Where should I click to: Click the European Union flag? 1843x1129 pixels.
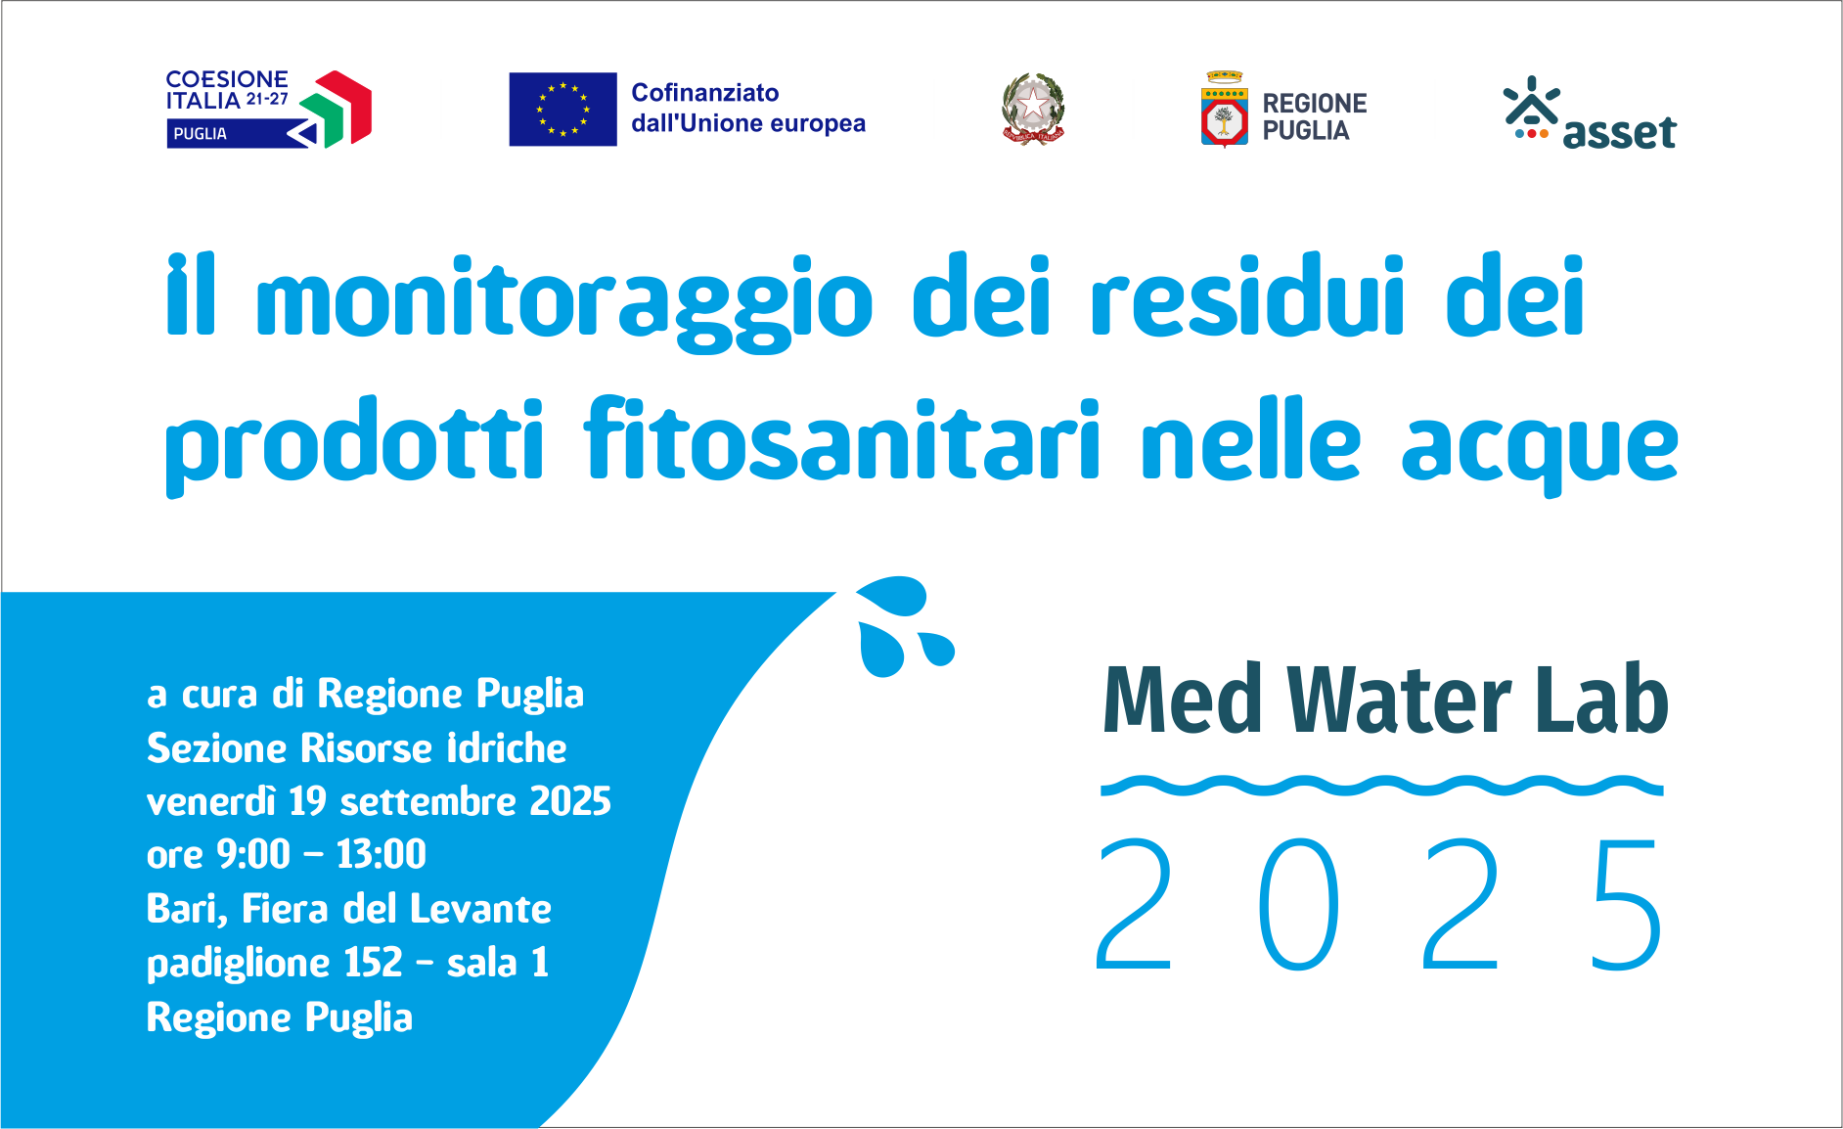click(x=562, y=110)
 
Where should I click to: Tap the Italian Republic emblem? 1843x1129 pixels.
click(x=1033, y=109)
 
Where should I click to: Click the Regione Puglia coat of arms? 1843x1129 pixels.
click(x=1224, y=109)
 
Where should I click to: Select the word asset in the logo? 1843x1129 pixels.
click(x=1619, y=132)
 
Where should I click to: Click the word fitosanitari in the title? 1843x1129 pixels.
click(x=841, y=441)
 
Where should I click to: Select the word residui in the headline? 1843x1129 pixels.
click(x=1247, y=295)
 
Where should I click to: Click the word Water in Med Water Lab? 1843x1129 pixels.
click(x=1399, y=700)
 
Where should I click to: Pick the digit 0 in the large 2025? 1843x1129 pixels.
click(x=1298, y=903)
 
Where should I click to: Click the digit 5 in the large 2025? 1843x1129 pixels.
click(x=1627, y=903)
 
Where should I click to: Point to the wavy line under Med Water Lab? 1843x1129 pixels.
click(x=1381, y=786)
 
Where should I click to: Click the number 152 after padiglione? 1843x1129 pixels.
click(x=373, y=963)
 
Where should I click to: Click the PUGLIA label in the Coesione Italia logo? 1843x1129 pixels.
click(x=200, y=134)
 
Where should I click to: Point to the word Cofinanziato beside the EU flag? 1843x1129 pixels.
click(x=705, y=93)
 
